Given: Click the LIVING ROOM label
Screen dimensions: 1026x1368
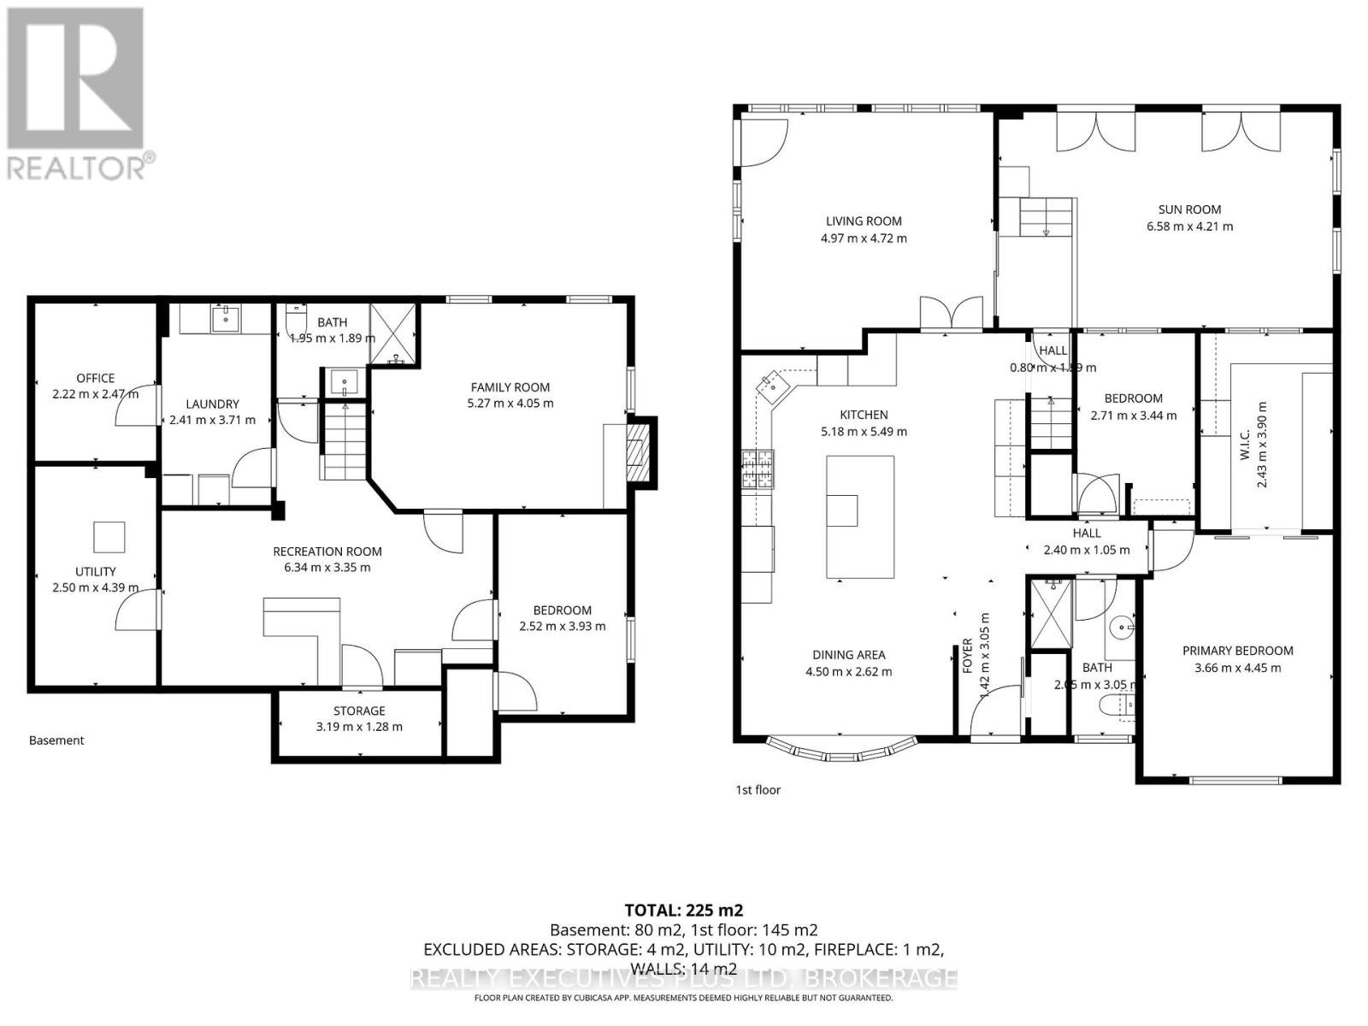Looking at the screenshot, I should [864, 221].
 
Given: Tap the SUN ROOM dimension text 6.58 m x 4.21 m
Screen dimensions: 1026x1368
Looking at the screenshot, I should [1189, 227].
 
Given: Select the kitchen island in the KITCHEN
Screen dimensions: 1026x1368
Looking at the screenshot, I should [860, 517].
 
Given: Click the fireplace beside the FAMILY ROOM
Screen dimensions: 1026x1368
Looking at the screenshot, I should [637, 452].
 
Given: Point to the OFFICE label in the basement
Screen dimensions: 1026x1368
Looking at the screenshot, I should [95, 378].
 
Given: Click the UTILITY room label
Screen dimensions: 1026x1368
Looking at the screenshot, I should [95, 571].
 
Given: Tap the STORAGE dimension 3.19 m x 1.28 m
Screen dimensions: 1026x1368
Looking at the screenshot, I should [359, 727].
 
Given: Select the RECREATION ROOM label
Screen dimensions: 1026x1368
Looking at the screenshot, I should [327, 551].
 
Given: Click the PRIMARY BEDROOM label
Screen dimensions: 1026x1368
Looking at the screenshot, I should [1237, 651].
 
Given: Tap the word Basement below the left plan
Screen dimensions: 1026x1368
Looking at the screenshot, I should [56, 740].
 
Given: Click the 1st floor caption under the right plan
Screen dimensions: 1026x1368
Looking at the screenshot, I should [758, 790].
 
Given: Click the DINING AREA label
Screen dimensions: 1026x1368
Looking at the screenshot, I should [848, 655].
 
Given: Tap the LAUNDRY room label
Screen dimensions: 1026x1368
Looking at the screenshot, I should [213, 404].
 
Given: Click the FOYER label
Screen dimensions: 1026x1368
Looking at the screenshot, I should [967, 656].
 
